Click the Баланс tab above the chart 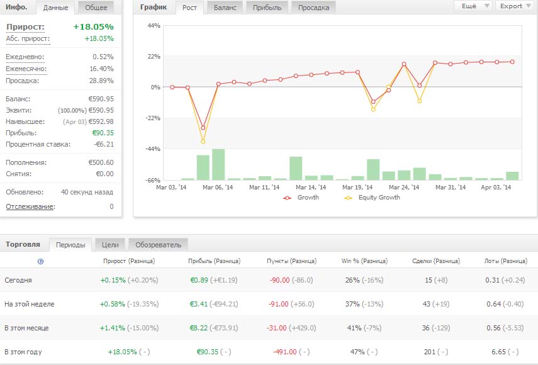[x=226, y=8]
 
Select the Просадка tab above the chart [x=313, y=8]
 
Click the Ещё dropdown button [x=473, y=6]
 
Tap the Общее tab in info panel [x=96, y=8]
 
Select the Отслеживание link [x=30, y=206]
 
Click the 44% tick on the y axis [x=153, y=25]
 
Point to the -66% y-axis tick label [x=152, y=181]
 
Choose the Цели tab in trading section [x=109, y=245]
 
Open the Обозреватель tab [x=158, y=245]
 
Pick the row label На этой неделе [x=30, y=304]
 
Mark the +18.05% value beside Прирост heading [x=93, y=27]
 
